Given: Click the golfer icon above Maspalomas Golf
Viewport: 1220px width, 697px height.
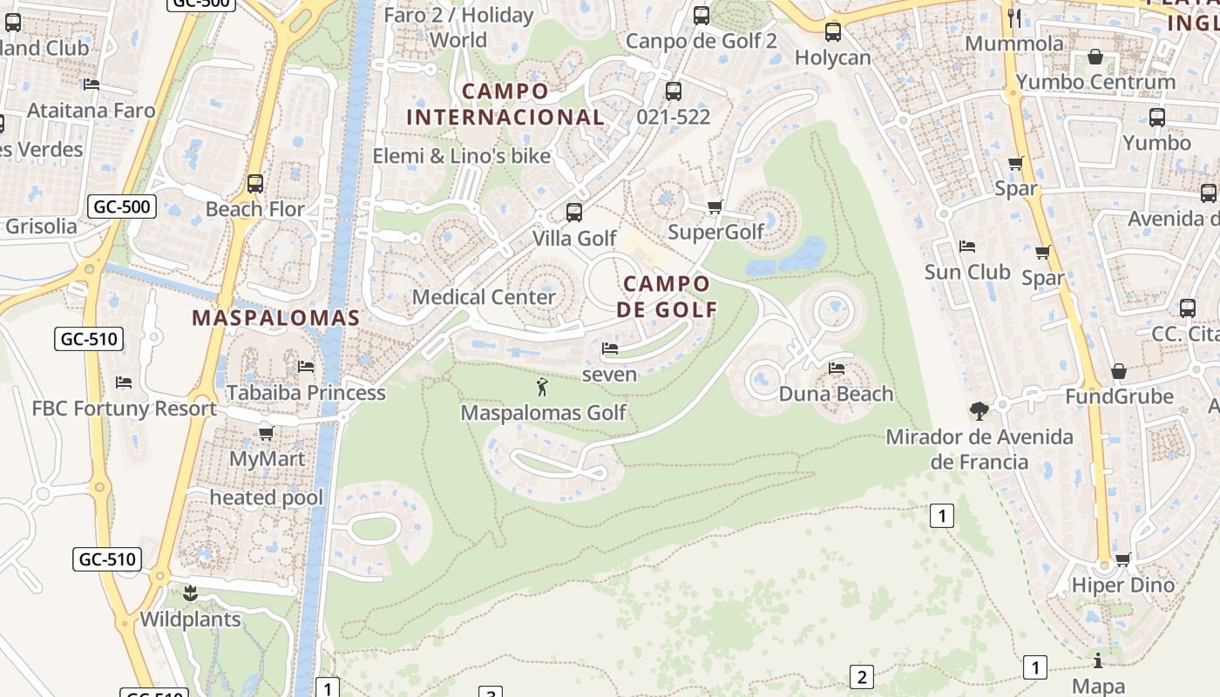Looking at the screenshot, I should coord(542,387).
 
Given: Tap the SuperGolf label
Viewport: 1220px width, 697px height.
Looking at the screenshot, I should coord(715,232).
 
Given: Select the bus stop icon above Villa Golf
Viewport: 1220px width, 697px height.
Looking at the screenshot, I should coord(573,212).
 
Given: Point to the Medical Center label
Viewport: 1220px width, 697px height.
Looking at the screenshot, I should coord(484,297).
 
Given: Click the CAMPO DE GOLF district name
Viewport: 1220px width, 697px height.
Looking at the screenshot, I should coord(667,296).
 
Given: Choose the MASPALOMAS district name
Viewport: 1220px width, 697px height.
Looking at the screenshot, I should coord(275,318).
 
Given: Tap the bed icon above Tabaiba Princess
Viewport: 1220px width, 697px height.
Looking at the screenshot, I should coord(305,367).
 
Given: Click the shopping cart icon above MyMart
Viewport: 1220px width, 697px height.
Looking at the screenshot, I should coord(267,433).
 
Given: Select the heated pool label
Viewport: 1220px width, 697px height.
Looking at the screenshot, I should coord(266,498).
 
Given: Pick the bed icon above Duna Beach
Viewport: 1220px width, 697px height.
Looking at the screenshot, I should coord(837,368).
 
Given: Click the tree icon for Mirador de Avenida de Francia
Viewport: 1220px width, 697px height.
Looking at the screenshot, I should coord(979,410).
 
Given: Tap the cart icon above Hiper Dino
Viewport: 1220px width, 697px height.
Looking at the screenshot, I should coord(1123,559).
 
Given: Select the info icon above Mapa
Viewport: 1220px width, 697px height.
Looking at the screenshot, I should coord(1098,660).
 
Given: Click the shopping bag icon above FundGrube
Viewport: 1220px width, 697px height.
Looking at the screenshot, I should coord(1119,372).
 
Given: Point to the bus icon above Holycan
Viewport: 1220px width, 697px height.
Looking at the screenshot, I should coord(833,32).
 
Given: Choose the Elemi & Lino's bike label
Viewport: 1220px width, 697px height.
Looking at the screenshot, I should coord(462,157).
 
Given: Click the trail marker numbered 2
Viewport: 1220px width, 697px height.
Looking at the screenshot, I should coord(861,677).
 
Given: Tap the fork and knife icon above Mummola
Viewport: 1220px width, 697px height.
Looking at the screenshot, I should coord(1013,18).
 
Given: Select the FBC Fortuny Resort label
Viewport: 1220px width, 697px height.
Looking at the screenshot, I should coord(125,409).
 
